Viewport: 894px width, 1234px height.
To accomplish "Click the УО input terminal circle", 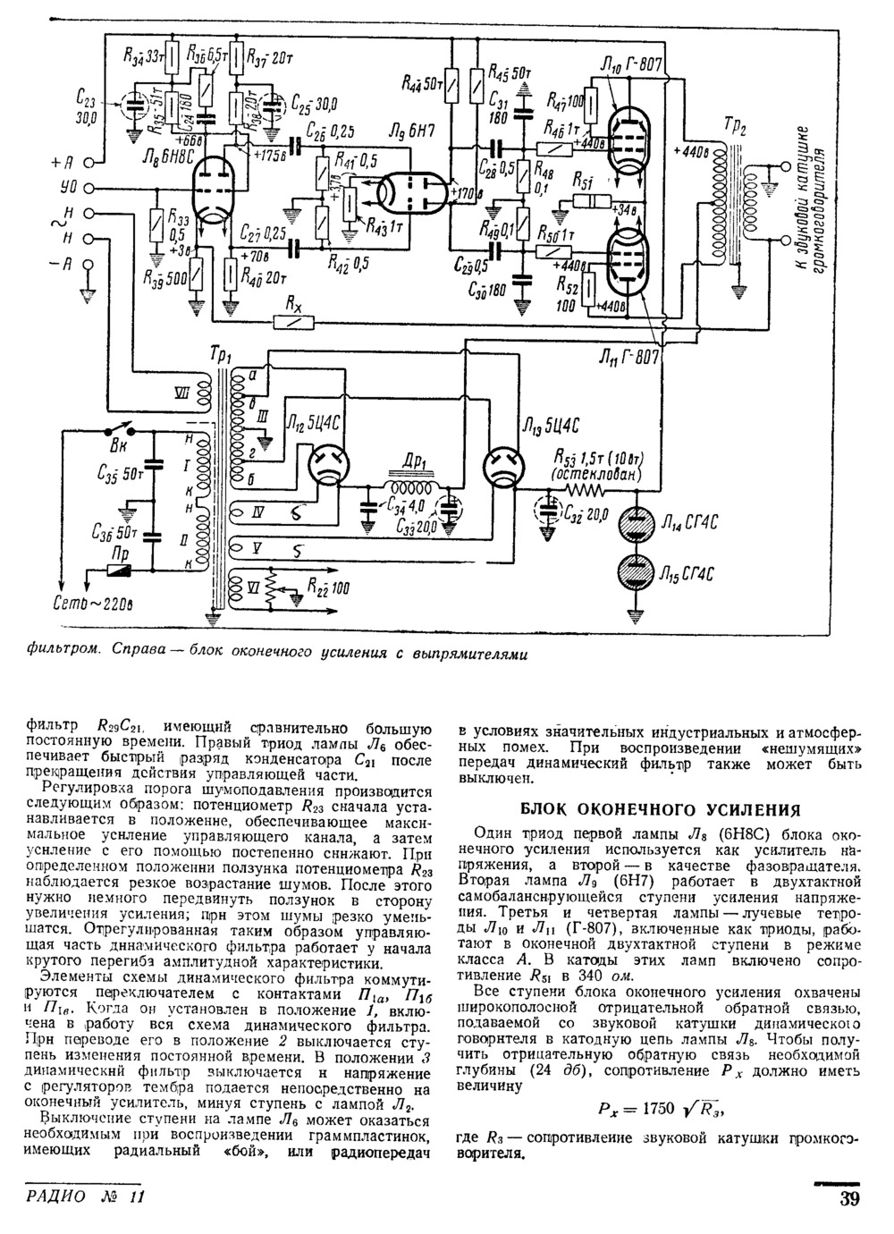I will point(89,190).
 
